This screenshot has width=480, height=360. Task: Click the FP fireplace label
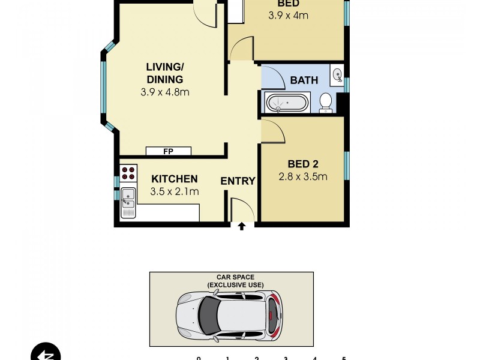point(168,151)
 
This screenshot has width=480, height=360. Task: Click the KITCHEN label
point(174,179)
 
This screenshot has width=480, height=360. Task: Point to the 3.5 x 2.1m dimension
point(175,192)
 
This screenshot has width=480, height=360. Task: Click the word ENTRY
point(238,181)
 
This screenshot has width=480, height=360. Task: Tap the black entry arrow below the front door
point(242,226)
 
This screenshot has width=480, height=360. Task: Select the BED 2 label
point(303,164)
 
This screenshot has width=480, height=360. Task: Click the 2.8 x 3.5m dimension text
point(303,176)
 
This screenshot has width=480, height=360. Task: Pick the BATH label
point(304,80)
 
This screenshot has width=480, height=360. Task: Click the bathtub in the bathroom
point(287,103)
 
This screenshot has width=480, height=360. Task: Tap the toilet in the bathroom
point(326,102)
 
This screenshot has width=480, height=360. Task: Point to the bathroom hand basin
point(337,75)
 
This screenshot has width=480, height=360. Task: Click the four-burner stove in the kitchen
point(128,173)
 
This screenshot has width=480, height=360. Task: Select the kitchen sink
point(128,203)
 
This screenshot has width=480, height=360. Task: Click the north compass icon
point(46,353)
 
